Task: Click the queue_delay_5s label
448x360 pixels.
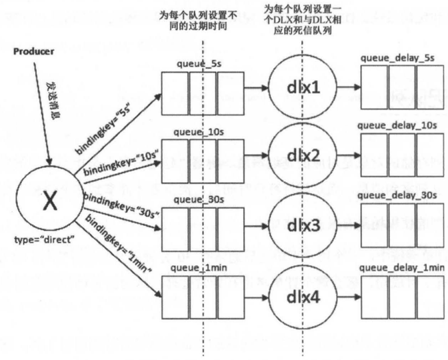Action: [397, 58]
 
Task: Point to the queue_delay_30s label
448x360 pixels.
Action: [397, 195]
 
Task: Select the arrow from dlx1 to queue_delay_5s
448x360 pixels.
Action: [344, 87]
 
